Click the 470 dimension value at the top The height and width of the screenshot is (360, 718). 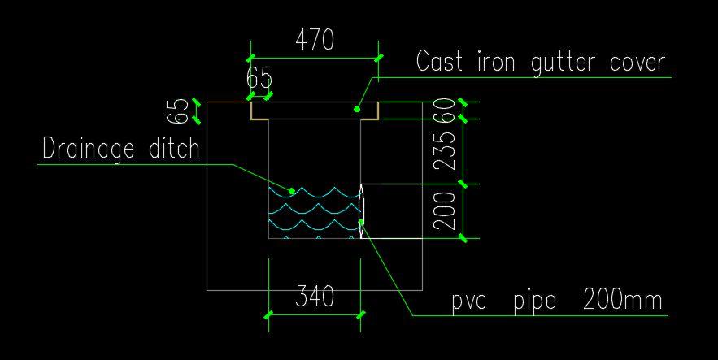(314, 40)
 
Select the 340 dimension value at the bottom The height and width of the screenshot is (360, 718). (314, 297)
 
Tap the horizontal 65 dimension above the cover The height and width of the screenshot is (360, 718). (259, 79)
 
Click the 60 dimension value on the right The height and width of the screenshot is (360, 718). (444, 109)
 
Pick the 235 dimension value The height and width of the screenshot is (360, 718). (444, 151)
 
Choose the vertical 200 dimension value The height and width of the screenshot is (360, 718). (444, 211)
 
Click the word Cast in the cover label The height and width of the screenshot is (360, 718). (442, 62)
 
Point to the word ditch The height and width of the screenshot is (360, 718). (174, 149)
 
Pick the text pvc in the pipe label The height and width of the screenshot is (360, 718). (469, 301)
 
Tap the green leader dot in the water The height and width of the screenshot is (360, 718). (291, 191)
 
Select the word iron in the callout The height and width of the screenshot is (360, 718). (501, 62)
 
